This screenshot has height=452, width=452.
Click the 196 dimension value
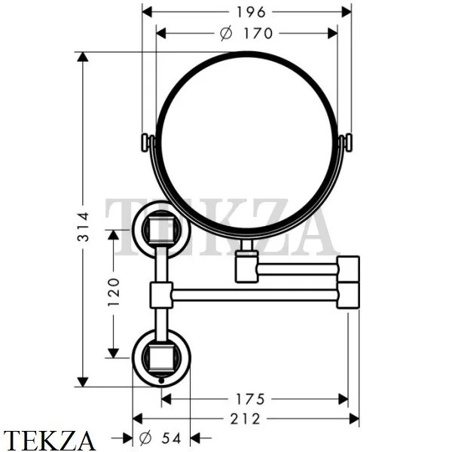[246, 11]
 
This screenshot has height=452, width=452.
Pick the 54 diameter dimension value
[169, 438]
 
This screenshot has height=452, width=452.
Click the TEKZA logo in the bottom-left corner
[50, 440]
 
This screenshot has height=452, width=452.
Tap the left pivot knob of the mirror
[147, 142]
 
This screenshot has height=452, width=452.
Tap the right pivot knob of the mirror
[347, 142]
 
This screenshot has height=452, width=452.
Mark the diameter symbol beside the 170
[224, 33]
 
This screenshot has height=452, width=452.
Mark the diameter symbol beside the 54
[145, 438]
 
